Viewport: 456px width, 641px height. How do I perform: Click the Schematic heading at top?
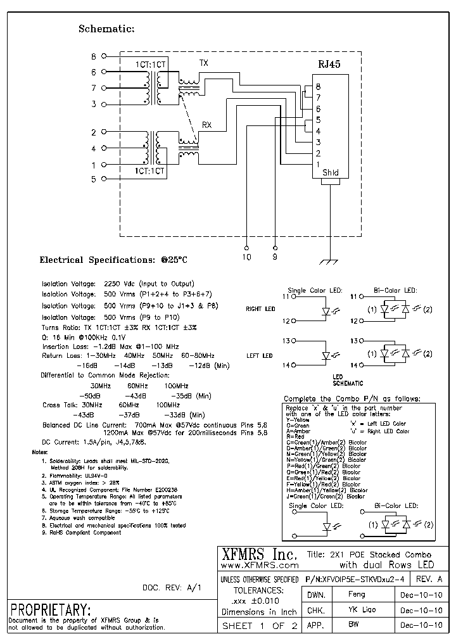[106, 29]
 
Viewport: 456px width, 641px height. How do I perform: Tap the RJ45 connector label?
[328, 63]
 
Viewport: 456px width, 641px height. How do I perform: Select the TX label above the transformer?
[203, 63]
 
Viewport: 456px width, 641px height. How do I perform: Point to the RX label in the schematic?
[206, 125]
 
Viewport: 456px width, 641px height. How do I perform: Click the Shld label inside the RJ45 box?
[330, 172]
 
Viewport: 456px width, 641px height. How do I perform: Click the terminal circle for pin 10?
[246, 248]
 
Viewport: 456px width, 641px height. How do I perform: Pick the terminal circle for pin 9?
[275, 248]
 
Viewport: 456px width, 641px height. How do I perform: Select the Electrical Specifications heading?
[113, 260]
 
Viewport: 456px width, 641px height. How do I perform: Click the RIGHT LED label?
[260, 309]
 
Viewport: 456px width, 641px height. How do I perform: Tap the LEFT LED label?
[260, 356]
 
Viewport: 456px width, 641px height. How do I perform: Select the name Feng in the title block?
[357, 595]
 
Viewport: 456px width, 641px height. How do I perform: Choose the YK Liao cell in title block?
[357, 610]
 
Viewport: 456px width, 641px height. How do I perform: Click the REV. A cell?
[429, 580]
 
